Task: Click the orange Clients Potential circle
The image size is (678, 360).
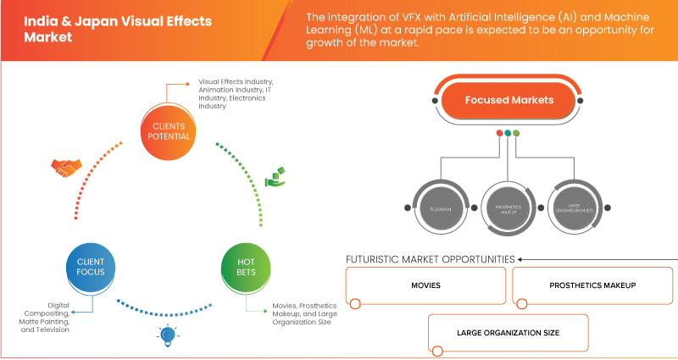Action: (x=166, y=131)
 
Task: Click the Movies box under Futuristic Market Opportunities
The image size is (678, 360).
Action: (x=426, y=285)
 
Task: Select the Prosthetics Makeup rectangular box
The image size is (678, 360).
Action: (x=593, y=285)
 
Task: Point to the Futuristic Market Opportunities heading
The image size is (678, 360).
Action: (x=430, y=258)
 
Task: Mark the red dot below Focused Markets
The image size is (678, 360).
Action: (x=497, y=133)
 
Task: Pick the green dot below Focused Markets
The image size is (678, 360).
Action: (x=516, y=133)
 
